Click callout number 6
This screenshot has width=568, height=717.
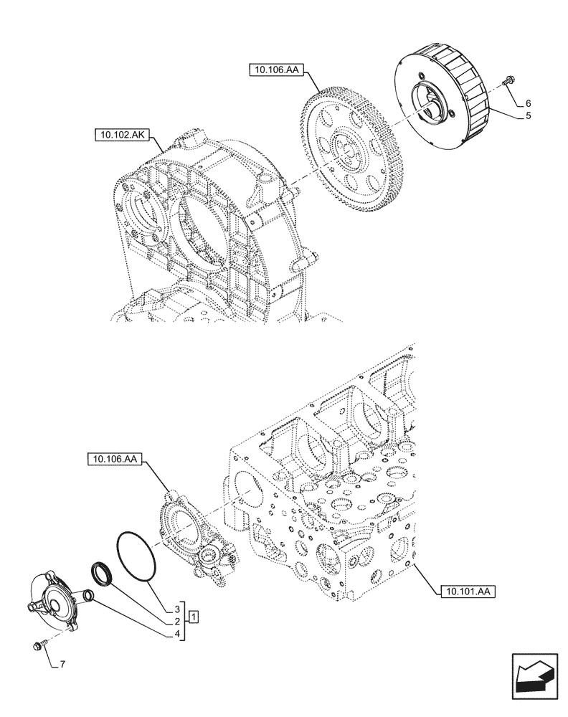(x=528, y=103)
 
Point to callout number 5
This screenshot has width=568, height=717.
(x=528, y=115)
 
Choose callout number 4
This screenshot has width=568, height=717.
(x=176, y=634)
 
